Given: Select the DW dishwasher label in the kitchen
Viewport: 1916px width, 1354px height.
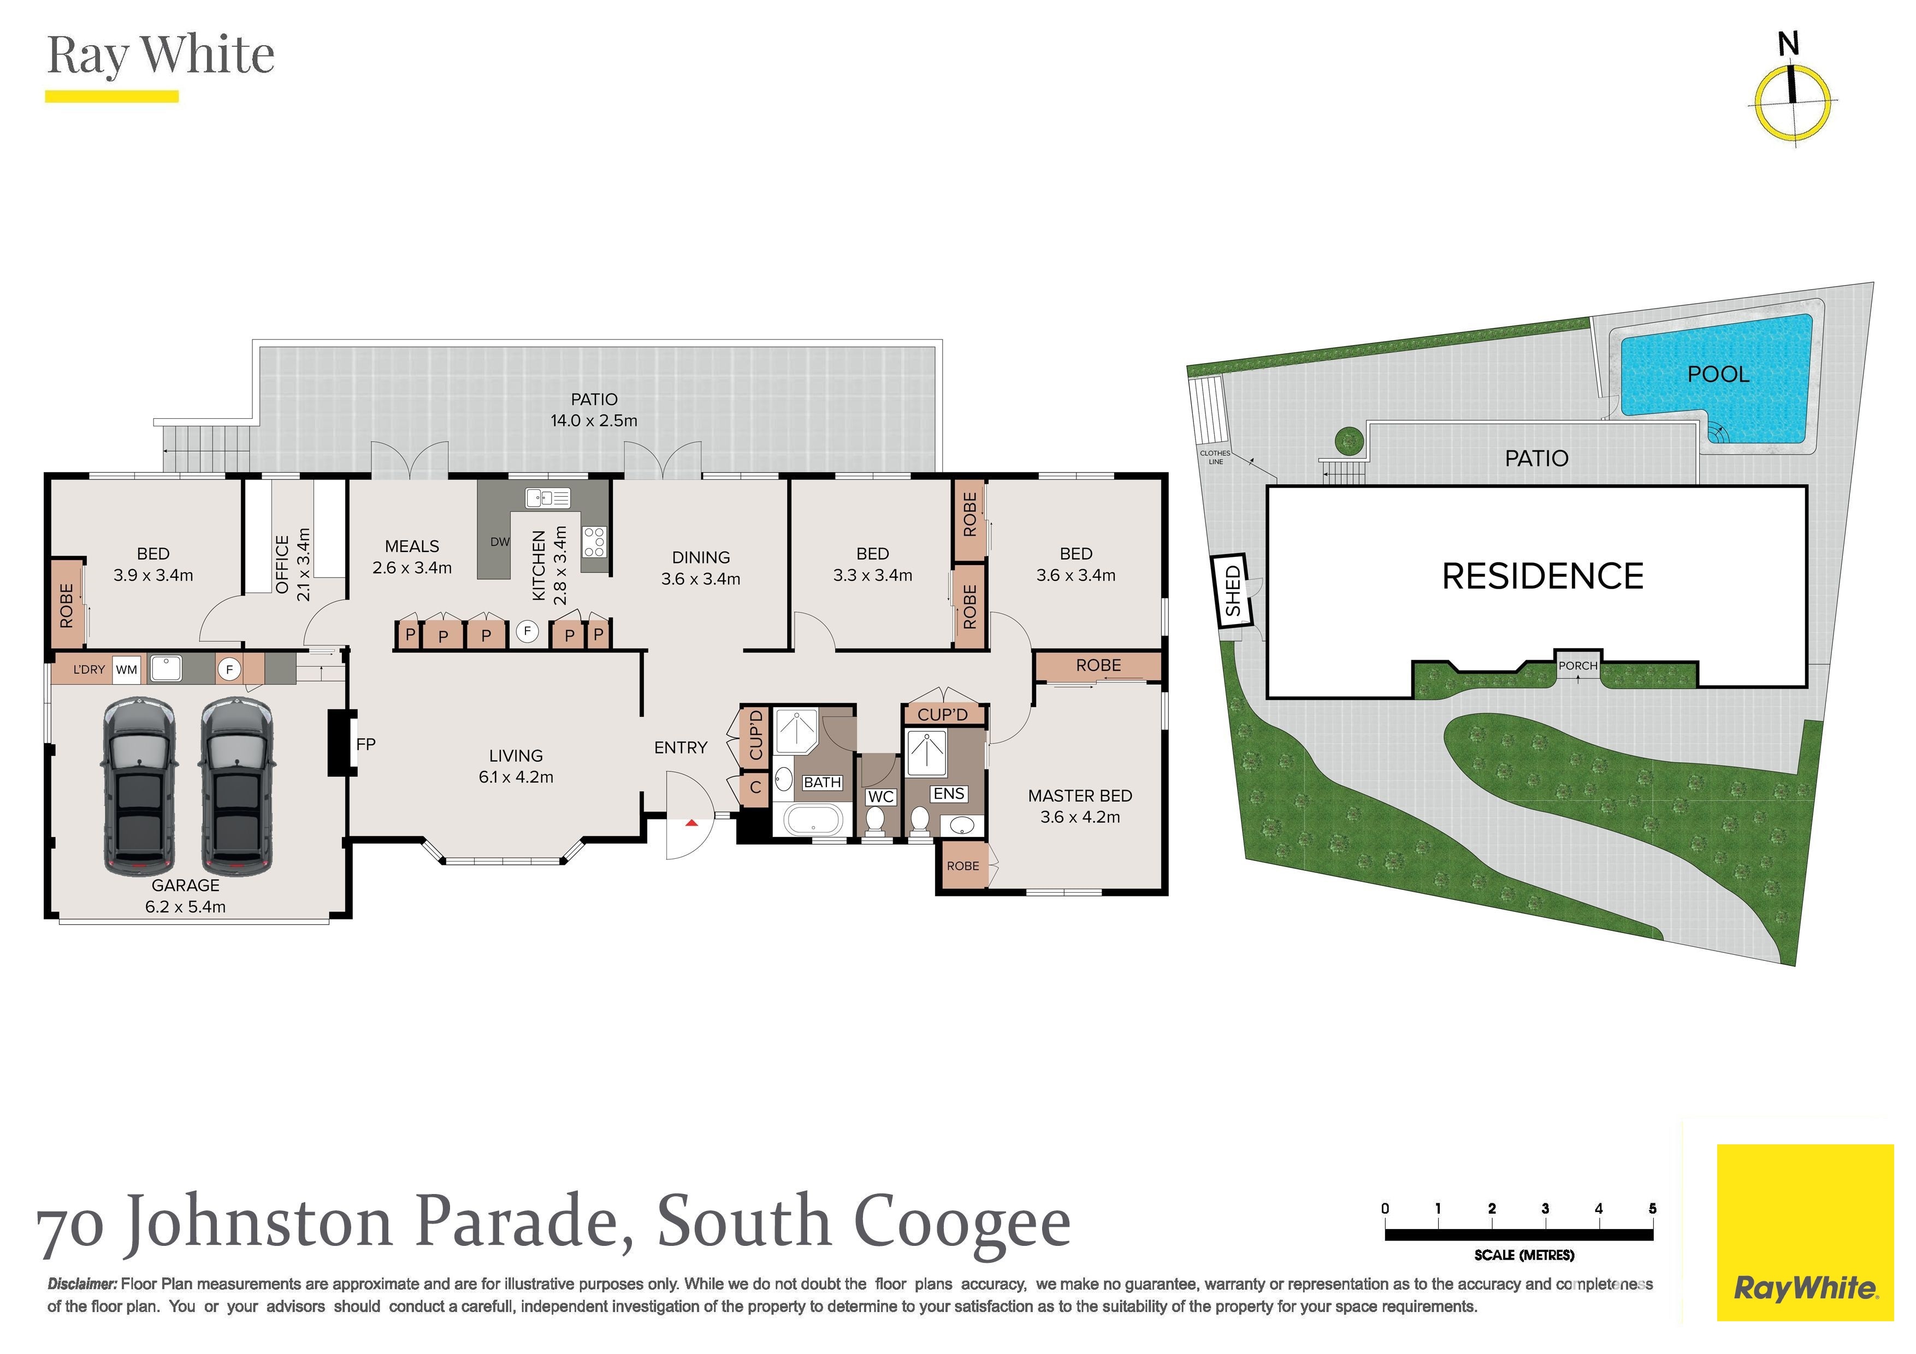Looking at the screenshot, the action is [x=500, y=542].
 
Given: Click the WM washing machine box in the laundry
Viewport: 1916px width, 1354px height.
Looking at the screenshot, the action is [x=127, y=670].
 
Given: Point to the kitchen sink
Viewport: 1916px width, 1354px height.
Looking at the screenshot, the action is [x=547, y=498].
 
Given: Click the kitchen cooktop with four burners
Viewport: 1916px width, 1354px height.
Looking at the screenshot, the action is [x=594, y=542].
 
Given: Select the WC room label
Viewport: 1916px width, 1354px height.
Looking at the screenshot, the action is [x=880, y=796].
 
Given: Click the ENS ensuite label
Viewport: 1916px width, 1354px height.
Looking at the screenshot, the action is [x=949, y=793].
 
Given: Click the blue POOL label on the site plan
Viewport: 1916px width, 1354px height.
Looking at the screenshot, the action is [x=1718, y=374].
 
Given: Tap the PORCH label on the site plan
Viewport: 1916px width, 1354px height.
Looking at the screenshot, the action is [x=1578, y=666].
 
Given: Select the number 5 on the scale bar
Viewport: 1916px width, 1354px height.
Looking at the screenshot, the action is [x=1652, y=1208].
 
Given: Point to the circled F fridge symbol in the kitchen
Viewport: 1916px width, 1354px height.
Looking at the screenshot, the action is [x=527, y=632].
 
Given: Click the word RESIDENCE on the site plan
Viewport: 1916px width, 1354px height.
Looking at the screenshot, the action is [x=1543, y=577].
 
